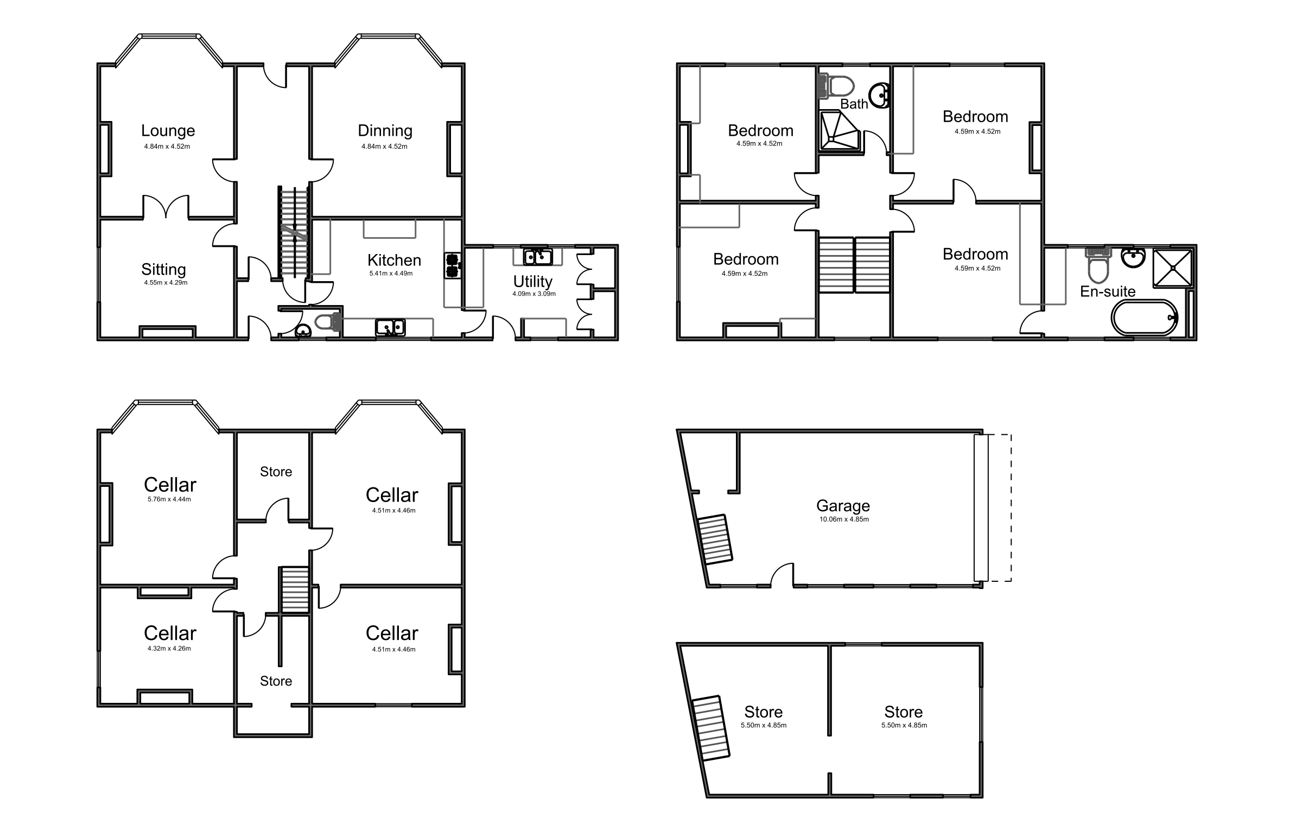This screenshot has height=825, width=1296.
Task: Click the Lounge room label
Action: click(168, 131)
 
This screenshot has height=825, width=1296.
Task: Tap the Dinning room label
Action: click(385, 131)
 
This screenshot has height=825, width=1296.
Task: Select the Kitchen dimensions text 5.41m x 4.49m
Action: click(391, 274)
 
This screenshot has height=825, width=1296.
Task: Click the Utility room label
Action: click(532, 282)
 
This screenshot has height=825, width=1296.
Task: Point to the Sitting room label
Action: click(163, 270)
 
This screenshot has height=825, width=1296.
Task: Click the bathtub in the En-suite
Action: click(1145, 318)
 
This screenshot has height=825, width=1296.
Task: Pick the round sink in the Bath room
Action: click(879, 96)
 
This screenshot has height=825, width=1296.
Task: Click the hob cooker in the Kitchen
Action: click(452, 265)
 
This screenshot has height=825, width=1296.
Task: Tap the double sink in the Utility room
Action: click(537, 257)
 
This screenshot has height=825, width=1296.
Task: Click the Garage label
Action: click(843, 506)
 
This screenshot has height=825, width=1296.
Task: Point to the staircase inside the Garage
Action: click(715, 540)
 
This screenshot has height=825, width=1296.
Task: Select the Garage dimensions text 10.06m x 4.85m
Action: click(844, 519)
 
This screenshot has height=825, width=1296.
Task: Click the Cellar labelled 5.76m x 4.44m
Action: click(170, 485)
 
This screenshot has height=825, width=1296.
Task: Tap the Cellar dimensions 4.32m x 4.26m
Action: click(169, 649)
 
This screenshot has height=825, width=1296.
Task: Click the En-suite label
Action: click(1108, 292)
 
